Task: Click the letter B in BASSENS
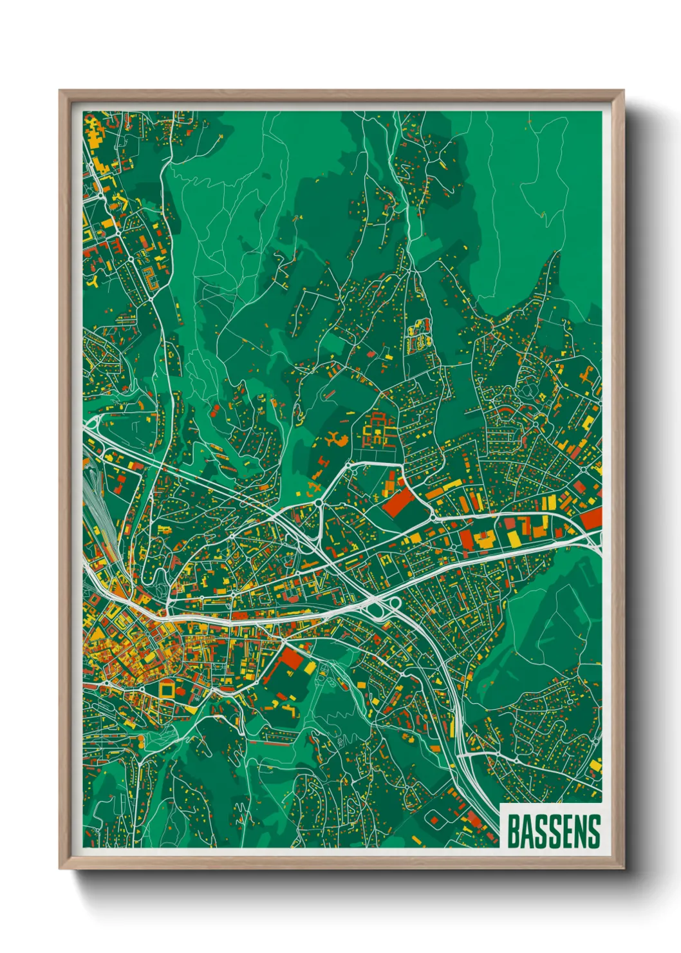[x=514, y=831]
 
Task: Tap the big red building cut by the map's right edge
[x=591, y=517]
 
